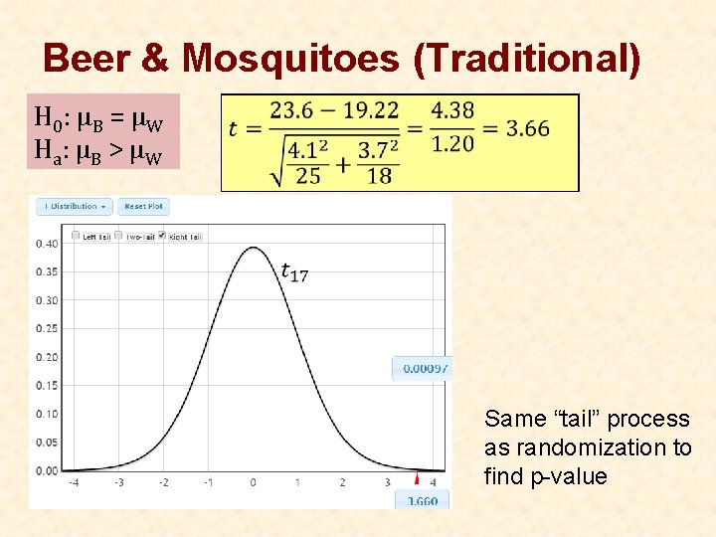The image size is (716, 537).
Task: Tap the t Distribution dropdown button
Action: [x=74, y=207]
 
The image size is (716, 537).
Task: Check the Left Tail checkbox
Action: [x=76, y=236]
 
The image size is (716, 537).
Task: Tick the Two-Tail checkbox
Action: [x=118, y=236]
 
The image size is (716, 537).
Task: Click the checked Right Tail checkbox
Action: [x=163, y=236]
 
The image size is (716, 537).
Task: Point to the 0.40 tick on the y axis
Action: [x=47, y=244]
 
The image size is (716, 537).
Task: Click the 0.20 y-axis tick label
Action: [x=47, y=357]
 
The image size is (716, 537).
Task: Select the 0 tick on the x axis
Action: [x=253, y=482]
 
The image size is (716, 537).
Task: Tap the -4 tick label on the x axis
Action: [x=74, y=482]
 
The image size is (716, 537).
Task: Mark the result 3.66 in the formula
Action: [x=527, y=128]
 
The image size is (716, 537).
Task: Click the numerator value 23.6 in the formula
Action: [x=290, y=109]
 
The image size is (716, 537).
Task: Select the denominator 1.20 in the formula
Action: [x=452, y=143]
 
